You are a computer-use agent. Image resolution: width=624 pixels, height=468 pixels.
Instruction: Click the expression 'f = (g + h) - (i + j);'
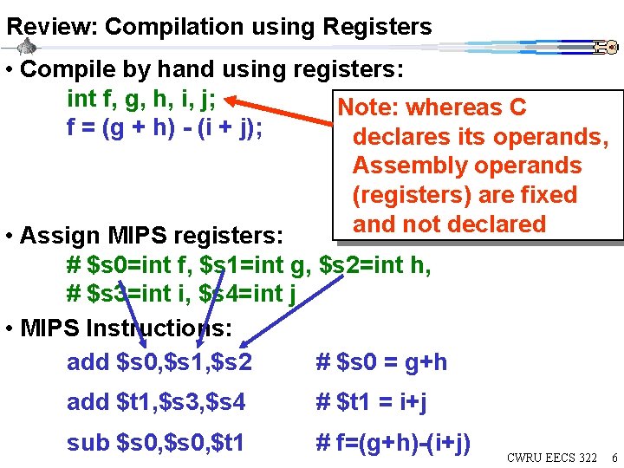tap(165, 129)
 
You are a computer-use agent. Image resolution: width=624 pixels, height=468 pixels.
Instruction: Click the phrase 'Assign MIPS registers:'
tap(151, 235)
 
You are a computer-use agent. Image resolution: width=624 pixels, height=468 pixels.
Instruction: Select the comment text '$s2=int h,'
tap(375, 264)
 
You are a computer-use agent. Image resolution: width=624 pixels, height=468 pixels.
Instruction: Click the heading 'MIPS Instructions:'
tap(126, 328)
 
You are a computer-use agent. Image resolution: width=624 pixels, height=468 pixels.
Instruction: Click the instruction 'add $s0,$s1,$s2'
tap(159, 361)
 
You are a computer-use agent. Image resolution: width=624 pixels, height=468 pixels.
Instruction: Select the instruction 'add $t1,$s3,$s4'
tap(156, 402)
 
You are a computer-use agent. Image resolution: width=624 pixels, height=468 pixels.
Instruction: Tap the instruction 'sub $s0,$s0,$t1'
tap(156, 443)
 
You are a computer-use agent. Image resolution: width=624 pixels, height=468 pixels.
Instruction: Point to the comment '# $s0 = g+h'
tap(381, 361)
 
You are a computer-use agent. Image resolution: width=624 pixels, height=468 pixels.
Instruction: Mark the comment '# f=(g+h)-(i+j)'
tap(393, 443)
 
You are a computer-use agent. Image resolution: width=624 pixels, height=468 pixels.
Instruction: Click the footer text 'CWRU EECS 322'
tap(551, 457)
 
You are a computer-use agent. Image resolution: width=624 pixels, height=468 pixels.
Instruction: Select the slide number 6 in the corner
tap(614, 457)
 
